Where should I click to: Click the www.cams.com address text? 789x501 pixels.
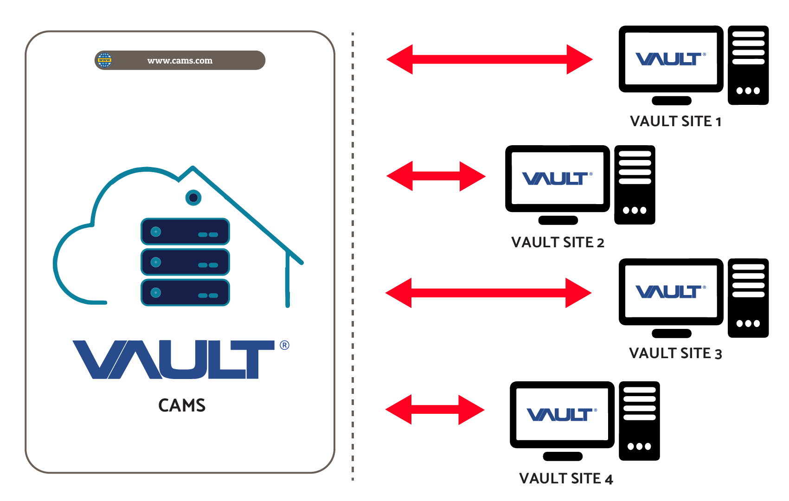180,61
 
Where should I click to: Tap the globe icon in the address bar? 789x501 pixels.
105,60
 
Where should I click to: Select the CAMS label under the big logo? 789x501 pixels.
182,405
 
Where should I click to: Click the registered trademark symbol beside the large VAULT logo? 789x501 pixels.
284,345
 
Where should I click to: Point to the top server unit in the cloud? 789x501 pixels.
185,231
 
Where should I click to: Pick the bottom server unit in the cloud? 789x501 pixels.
185,293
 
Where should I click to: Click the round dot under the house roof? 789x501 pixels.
193,198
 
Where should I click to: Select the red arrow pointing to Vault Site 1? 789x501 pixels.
489,59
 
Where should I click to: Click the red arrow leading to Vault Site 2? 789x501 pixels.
436,176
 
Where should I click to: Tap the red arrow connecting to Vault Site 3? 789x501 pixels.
488,293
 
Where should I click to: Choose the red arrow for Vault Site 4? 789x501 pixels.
435,410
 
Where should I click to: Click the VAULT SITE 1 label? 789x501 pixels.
675,122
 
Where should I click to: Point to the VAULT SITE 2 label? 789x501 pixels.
558,243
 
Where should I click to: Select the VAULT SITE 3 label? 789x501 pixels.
675,353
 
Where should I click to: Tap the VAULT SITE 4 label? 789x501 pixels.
566,479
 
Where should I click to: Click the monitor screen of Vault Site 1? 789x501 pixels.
671,59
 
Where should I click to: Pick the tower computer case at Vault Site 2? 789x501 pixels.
635,185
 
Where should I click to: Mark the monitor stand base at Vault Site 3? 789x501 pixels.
671,333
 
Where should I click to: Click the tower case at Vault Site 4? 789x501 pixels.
639,421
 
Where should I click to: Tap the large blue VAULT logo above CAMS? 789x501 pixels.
174,360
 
